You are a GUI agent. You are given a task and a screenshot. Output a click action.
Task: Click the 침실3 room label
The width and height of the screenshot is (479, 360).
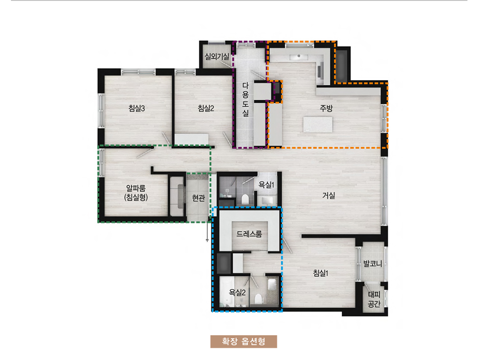(x=137, y=108)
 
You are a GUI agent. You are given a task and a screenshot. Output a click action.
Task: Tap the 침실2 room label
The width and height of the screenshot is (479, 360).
(x=206, y=108)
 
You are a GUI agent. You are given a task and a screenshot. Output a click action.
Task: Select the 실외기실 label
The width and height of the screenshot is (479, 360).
(x=217, y=56)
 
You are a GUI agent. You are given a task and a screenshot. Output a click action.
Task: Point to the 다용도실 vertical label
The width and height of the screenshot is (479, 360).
(x=246, y=99)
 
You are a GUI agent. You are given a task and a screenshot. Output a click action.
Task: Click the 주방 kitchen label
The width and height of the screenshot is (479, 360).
(x=326, y=108)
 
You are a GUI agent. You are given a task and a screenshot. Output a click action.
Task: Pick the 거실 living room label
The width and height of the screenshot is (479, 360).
(x=329, y=195)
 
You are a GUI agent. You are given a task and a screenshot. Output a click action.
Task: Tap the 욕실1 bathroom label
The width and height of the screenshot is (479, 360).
(x=266, y=185)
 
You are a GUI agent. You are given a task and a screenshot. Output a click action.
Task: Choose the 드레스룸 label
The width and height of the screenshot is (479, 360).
(x=249, y=234)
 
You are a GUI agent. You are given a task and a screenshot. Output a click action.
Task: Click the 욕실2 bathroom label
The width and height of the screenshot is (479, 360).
(x=237, y=293)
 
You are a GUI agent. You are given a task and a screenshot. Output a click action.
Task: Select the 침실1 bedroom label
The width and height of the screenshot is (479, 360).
(x=320, y=273)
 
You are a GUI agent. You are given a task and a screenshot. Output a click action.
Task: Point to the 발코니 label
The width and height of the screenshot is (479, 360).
(x=373, y=263)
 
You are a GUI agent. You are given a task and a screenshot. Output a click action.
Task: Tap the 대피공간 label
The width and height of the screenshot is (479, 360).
(x=374, y=299)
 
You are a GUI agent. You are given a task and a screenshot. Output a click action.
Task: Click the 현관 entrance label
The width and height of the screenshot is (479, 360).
(x=199, y=198)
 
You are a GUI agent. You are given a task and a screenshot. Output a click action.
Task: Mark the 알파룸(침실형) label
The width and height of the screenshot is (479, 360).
(x=136, y=193)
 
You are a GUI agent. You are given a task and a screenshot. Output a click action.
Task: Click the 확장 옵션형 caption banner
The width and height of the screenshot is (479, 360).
(x=243, y=341)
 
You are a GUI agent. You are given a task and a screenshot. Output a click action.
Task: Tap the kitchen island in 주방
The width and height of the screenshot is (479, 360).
(x=318, y=124)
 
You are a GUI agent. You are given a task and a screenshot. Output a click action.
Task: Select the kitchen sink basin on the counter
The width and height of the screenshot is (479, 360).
(x=298, y=56)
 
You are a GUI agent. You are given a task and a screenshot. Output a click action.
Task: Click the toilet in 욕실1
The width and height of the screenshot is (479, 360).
(x=245, y=199)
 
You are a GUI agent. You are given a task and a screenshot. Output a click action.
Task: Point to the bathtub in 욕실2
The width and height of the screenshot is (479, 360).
(x=227, y=292)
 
